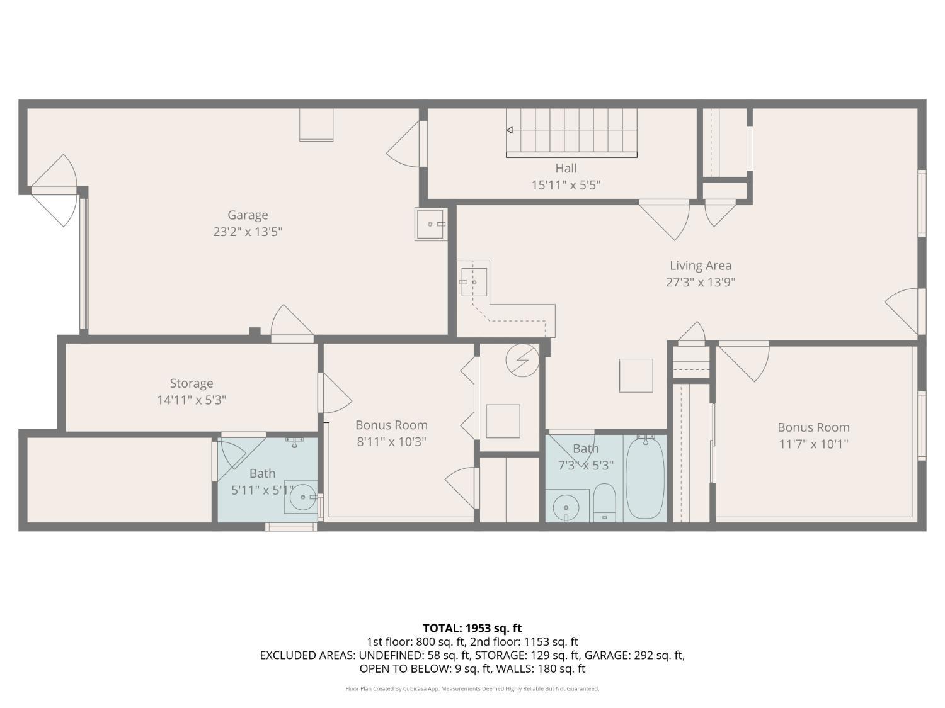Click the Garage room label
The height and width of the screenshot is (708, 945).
248,215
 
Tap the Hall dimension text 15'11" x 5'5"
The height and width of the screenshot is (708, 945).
566,185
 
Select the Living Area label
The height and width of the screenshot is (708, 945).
700,266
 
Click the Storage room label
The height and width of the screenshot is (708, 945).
192,383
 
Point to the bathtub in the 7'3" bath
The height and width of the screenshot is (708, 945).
644,478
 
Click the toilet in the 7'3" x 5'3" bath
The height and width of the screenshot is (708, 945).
605,502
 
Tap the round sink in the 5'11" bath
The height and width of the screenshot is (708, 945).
303,497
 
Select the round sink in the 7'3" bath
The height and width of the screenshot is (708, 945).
566,507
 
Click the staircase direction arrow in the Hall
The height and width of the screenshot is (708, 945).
510,130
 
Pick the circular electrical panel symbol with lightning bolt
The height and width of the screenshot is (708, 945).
522,361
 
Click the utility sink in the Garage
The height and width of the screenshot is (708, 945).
431,224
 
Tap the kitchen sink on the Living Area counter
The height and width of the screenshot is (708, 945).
474,281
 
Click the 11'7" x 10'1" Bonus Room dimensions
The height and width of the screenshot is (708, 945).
813,444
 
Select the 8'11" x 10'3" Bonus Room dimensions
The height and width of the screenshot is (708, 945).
391,442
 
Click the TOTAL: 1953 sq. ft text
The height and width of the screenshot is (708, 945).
472,628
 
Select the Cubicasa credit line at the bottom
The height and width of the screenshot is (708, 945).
472,688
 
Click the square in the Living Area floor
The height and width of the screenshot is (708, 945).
636,376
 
